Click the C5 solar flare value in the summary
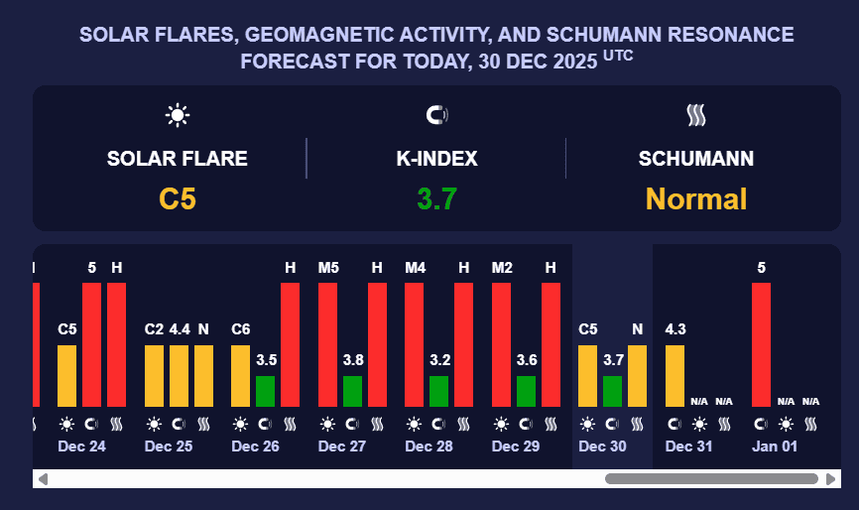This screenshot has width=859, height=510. (x=178, y=198)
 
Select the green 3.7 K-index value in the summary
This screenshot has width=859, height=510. (x=436, y=198)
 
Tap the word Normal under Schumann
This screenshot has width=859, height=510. (x=695, y=198)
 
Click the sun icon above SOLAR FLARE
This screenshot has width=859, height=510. (x=178, y=115)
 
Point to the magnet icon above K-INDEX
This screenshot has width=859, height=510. (x=436, y=115)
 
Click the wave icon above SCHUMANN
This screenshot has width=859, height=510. (x=695, y=115)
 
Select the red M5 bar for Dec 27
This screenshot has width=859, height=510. (x=328, y=344)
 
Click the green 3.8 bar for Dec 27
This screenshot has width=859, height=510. (x=353, y=391)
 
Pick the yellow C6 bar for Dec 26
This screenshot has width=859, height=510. (x=241, y=375)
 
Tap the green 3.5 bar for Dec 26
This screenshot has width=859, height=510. (x=266, y=391)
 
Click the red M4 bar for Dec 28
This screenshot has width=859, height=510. (x=415, y=344)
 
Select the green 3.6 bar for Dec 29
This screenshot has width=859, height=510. (x=527, y=391)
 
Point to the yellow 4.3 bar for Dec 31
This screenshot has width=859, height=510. (x=675, y=375)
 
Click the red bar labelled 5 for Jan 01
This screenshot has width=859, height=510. (x=762, y=344)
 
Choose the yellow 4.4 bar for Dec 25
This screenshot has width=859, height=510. (x=179, y=375)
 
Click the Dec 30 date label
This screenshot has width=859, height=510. (x=602, y=446)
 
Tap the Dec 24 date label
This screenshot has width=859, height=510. (x=81, y=446)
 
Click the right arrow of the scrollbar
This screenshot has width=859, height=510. (x=831, y=479)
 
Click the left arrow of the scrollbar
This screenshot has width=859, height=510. (x=42, y=479)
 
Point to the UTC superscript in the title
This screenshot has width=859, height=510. (x=618, y=56)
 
